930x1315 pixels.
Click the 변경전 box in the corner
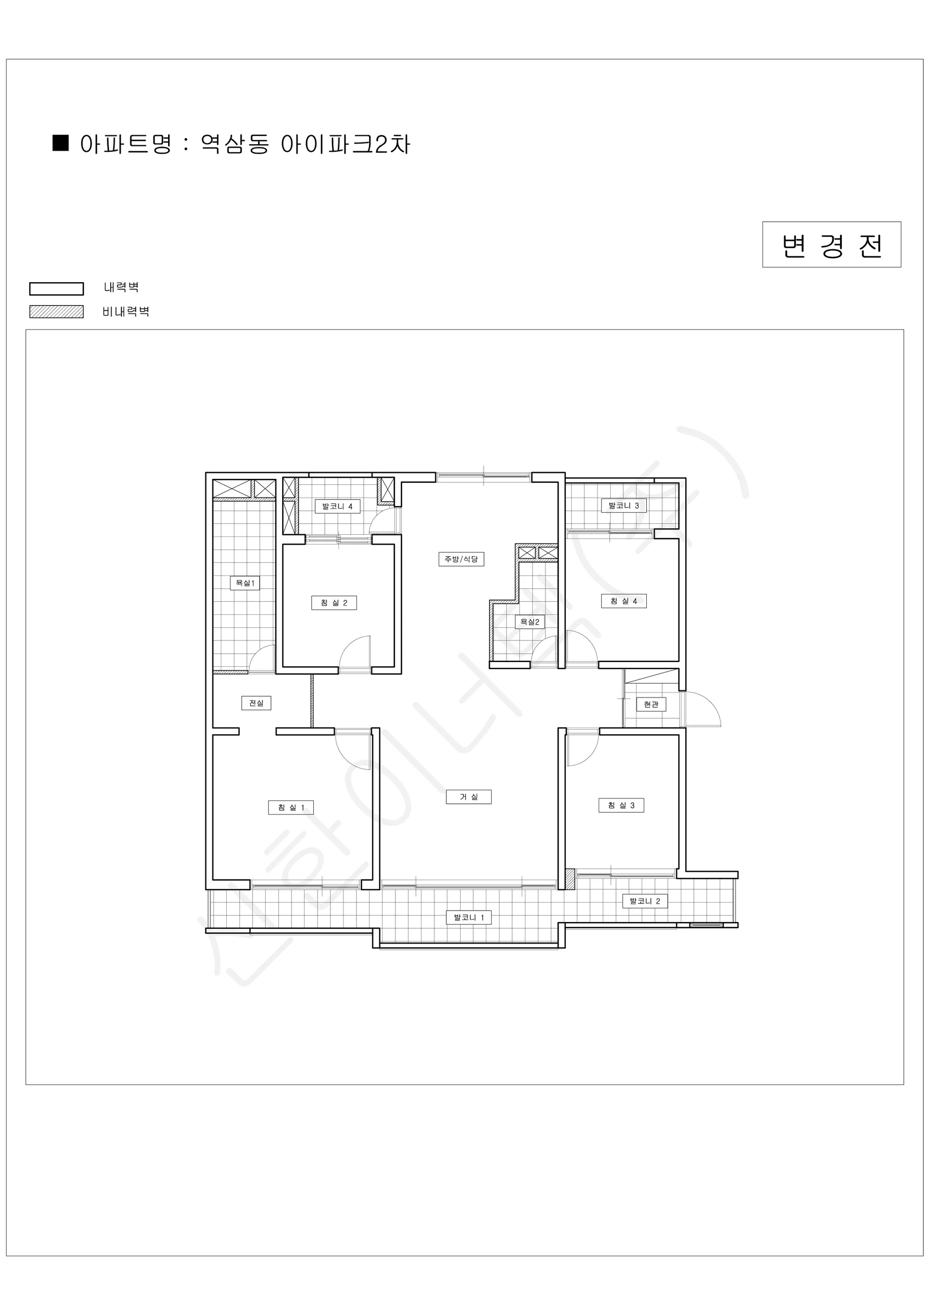831,244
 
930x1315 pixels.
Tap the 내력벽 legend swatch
57,289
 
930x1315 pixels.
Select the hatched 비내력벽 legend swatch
57,312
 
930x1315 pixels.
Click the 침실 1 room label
291,808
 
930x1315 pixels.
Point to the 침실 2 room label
334,603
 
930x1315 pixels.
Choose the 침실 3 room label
621,805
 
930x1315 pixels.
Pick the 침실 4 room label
624,601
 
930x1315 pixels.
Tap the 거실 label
468,797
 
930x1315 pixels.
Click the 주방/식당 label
461,559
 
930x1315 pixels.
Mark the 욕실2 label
530,622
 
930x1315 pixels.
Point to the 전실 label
256,703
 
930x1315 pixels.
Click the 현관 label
651,704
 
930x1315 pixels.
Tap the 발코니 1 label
469,918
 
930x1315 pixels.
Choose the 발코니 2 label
645,901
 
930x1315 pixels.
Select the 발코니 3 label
624,506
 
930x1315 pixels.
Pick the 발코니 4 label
337,506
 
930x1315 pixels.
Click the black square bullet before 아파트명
61,143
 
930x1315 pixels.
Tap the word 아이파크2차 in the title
345,144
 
